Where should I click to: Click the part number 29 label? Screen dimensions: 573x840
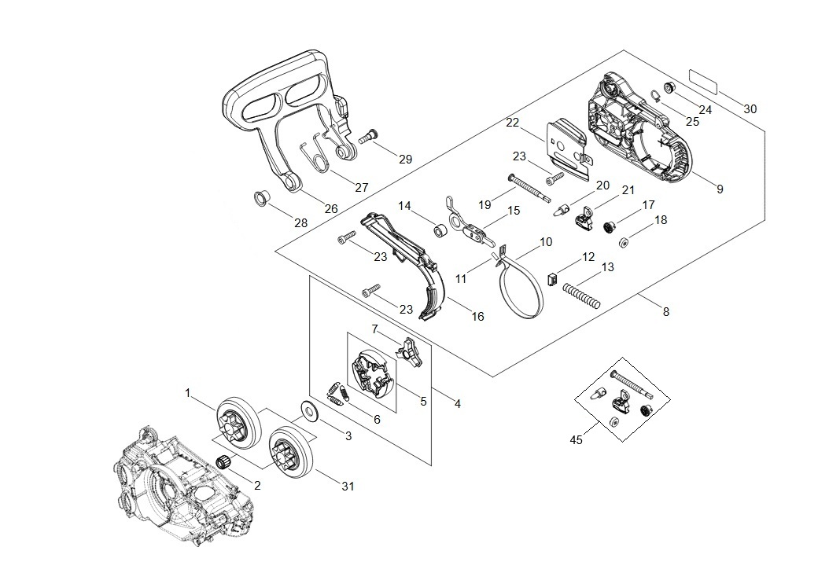coord(405,159)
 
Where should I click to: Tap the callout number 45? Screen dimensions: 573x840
coord(576,439)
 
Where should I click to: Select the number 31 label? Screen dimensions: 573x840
coord(348,487)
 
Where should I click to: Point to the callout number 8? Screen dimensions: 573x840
coord(666,311)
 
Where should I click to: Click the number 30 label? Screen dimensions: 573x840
coord(750,109)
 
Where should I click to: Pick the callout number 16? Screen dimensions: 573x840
coord(477,317)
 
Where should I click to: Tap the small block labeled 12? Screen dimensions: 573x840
coord(551,277)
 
